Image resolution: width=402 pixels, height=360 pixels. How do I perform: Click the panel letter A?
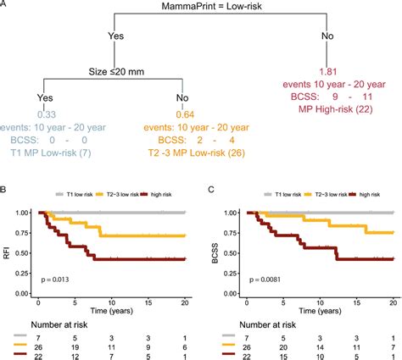click(x=6, y=6)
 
